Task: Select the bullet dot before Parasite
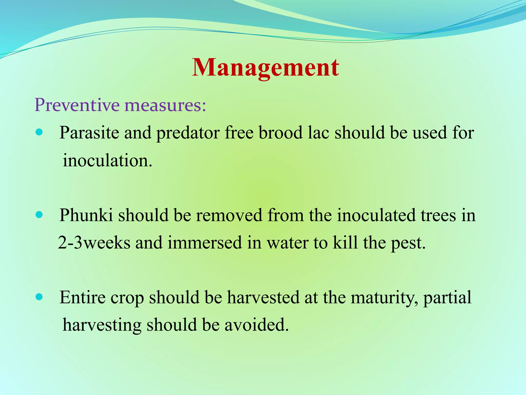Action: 39,133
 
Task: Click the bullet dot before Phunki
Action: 39,215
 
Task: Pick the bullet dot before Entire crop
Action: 39,297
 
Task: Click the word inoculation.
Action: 107,160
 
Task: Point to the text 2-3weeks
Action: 94,243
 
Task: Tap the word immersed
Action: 205,243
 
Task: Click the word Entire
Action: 82,297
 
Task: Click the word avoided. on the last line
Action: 257,325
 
